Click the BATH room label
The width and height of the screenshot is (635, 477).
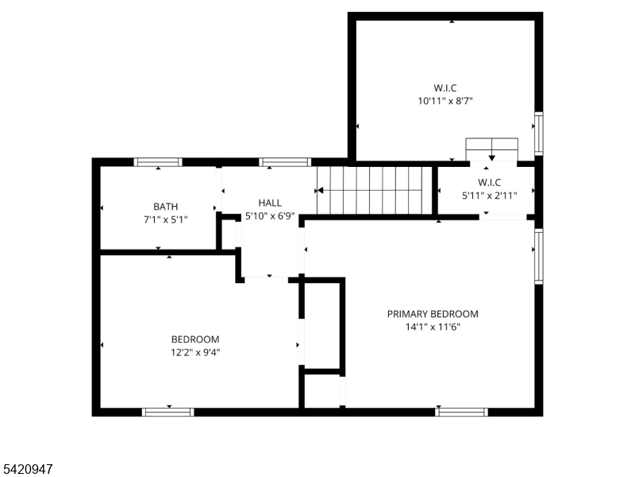pos(165,206)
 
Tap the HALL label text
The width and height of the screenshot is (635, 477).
pos(270,203)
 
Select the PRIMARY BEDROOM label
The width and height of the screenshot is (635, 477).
pos(433,313)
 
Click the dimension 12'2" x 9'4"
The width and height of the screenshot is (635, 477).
pos(195,351)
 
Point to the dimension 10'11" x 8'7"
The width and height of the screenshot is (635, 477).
pos(445,101)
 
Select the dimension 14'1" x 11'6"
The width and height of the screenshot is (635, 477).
pos(433,326)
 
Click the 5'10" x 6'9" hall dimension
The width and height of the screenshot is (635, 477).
pos(270,215)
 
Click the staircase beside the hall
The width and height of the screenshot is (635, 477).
pos(374,191)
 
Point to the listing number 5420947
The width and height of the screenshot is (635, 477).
pos(28,470)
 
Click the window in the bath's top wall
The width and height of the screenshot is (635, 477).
pos(158,162)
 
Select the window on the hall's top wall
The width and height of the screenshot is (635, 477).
pos(285,162)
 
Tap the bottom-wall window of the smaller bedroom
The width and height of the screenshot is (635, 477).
pos(167,412)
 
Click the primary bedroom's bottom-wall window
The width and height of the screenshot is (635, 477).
pos(461,412)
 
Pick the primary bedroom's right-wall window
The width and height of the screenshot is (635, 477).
pos(539,256)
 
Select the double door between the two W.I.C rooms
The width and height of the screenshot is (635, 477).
pos(491,149)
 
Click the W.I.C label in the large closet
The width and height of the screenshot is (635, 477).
pos(445,87)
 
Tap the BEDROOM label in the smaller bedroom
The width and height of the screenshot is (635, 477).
pos(195,339)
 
